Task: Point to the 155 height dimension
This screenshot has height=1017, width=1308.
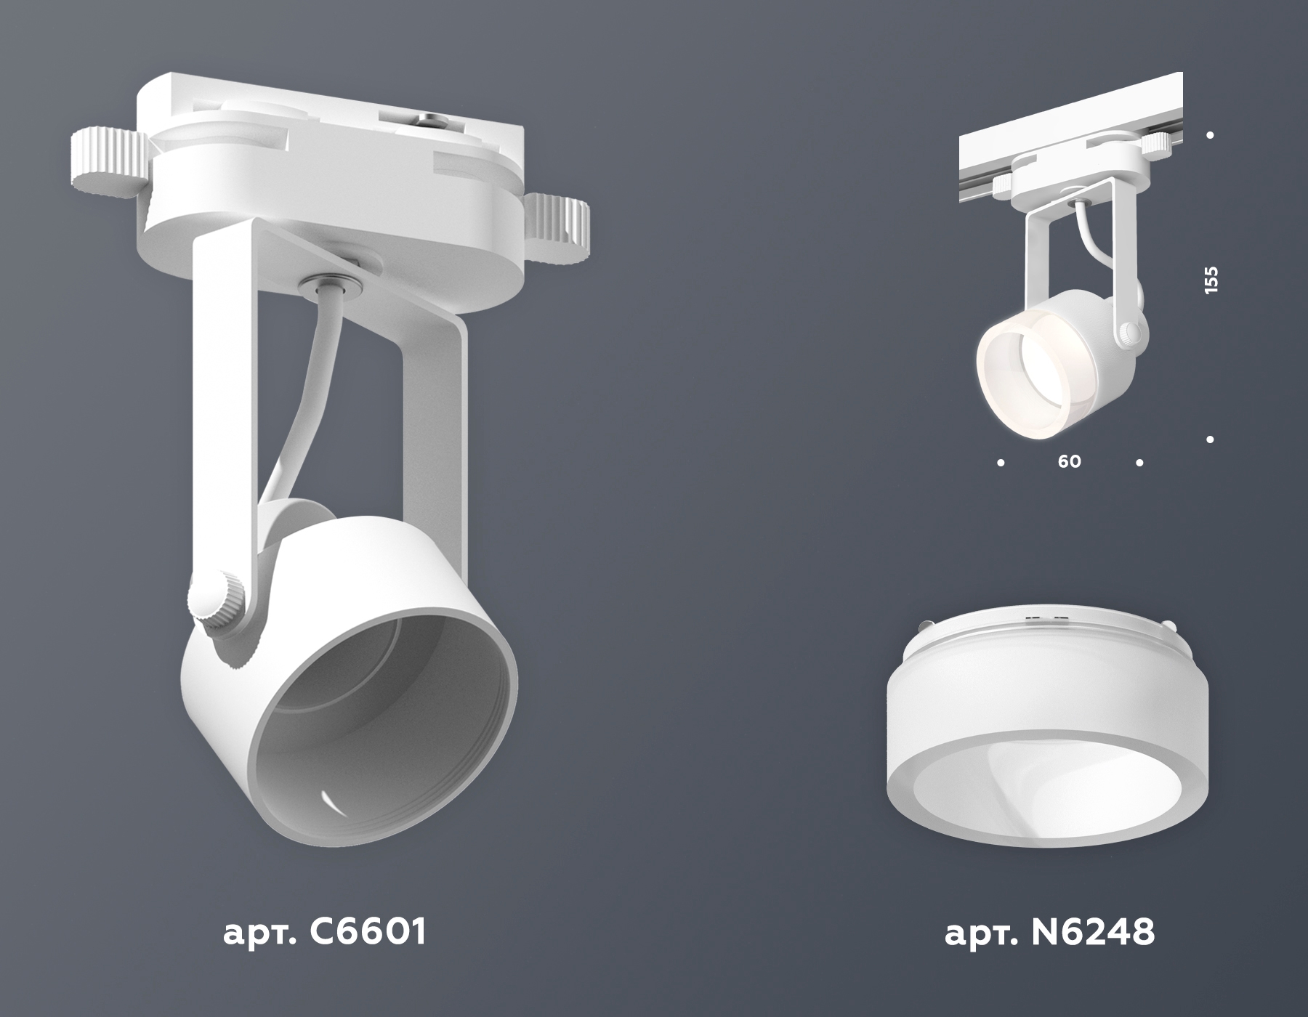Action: (1211, 280)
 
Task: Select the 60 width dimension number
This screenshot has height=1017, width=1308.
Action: (1070, 461)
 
